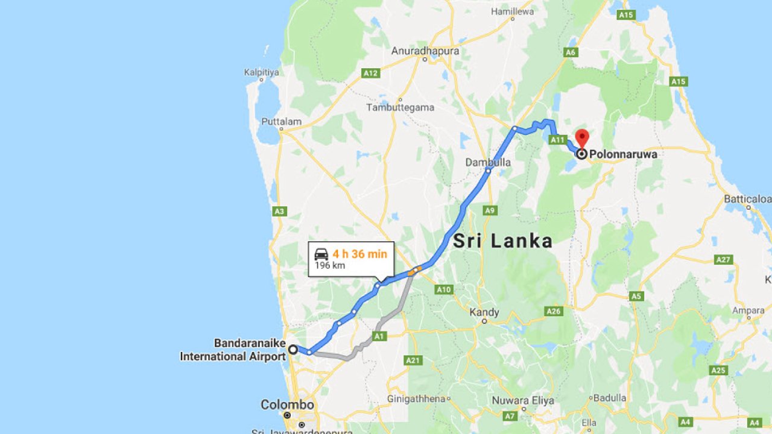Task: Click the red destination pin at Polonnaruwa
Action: (x=582, y=137)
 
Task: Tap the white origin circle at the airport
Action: (x=293, y=349)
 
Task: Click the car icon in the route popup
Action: (x=321, y=254)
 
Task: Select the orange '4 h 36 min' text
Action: (x=359, y=254)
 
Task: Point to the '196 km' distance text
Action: (x=330, y=265)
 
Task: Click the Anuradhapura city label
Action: (x=425, y=51)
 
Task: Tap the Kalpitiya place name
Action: (x=262, y=72)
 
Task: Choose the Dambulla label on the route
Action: (x=488, y=162)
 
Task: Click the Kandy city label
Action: (x=484, y=312)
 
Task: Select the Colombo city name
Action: (x=287, y=404)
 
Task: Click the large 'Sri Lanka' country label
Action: (x=502, y=241)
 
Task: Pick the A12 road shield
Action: (x=370, y=73)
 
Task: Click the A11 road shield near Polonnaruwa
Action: (x=557, y=140)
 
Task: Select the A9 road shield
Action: (x=490, y=210)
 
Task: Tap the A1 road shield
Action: (x=379, y=336)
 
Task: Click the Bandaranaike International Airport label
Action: (x=233, y=350)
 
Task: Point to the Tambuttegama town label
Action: (x=400, y=107)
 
